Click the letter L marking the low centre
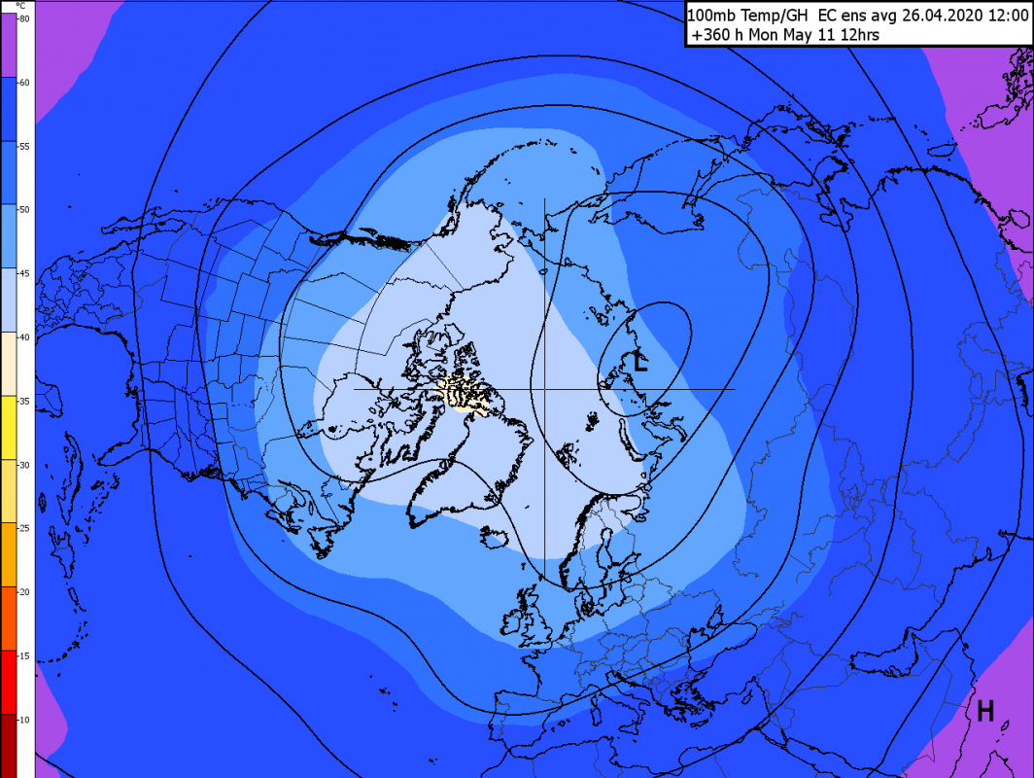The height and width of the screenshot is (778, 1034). tap(639, 363)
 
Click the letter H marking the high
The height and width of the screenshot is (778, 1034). tap(985, 712)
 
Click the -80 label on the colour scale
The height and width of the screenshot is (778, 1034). tap(24, 18)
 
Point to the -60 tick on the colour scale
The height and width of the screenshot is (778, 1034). tap(24, 82)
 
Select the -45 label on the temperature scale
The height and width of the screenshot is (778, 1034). tap(24, 272)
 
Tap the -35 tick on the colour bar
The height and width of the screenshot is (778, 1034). tap(24, 399)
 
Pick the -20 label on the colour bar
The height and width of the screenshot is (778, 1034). tap(24, 590)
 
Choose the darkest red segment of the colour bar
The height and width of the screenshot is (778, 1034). tap(9, 746)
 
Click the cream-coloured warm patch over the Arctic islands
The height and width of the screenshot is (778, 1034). tap(467, 394)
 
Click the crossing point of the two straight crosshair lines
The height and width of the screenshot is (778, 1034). tap(544, 389)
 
